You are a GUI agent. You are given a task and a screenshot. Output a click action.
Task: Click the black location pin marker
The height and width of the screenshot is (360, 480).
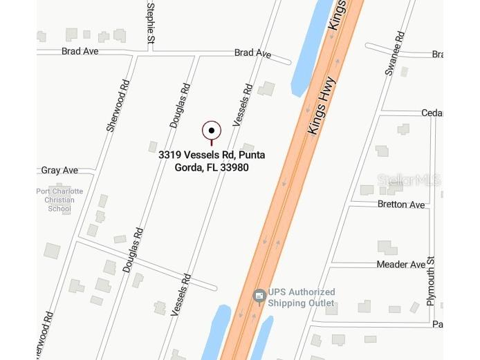tap(212, 130)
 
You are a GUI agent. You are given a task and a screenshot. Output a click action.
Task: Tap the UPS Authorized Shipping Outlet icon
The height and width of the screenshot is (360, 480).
tap(259, 297)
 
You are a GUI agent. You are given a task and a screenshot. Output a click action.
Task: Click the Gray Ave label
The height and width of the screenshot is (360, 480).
tap(59, 170)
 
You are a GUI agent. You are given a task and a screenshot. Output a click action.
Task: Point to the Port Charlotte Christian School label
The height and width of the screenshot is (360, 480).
tap(60, 200)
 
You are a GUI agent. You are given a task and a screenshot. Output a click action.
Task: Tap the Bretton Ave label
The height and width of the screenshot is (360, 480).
tap(401, 205)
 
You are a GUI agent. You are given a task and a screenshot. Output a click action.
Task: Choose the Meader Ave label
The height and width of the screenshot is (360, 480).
tap(401, 265)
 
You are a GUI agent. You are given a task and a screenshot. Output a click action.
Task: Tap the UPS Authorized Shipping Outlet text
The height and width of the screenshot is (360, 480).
tap(302, 298)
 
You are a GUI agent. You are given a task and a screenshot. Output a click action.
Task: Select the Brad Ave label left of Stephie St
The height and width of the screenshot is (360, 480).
tap(80, 51)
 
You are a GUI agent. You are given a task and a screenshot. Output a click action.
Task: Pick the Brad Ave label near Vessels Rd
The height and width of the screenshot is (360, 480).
tap(252, 53)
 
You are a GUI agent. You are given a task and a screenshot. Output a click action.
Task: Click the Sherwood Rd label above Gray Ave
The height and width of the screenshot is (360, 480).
tap(118, 106)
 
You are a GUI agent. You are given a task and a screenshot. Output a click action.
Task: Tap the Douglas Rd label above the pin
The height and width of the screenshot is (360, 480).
tap(179, 106)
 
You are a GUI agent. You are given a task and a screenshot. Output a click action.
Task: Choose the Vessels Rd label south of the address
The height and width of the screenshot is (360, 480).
tap(181, 294)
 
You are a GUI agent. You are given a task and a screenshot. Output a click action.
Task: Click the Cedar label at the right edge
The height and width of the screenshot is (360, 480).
tap(432, 113)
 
